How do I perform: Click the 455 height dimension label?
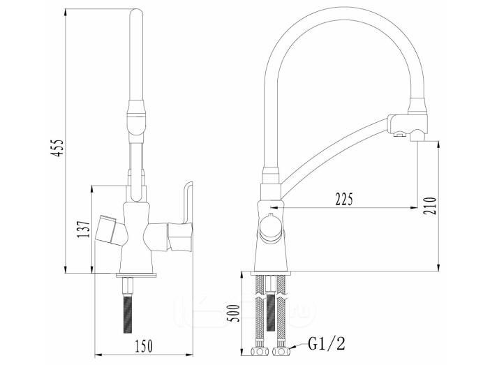point(58,148)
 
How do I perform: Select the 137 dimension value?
point(84,230)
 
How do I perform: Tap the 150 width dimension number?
point(144,346)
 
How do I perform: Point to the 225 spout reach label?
point(344,199)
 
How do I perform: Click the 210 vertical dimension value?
point(430,206)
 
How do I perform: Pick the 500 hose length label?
point(233,313)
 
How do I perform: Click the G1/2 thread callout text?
point(327,344)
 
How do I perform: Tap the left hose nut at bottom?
point(260,352)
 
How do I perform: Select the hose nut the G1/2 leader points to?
point(281,352)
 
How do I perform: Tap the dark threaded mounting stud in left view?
point(127,313)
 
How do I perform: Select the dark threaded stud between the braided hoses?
point(271,311)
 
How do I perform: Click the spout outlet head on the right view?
point(408,128)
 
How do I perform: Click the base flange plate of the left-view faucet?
point(136,275)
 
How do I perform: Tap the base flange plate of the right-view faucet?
point(271,273)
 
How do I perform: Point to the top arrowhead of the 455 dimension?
point(66,13)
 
